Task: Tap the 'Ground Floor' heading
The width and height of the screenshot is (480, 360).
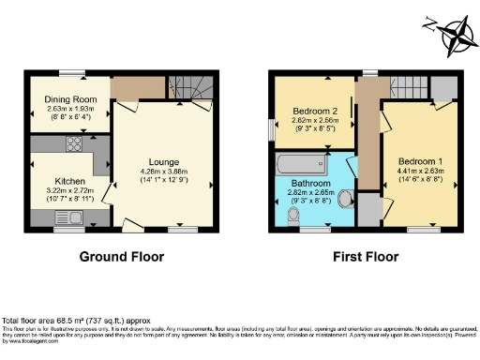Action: click(x=121, y=257)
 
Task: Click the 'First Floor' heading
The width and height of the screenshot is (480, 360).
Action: click(x=363, y=257)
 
